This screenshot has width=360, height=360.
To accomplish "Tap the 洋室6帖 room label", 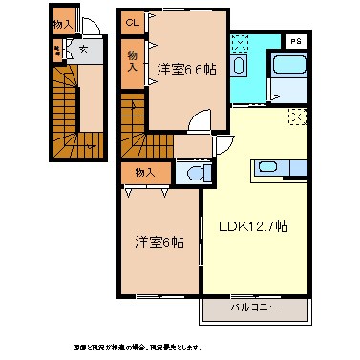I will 158,243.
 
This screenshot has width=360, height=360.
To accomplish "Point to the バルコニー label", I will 254,307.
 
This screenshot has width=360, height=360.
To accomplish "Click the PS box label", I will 296,41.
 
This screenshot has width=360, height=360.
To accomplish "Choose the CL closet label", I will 133,22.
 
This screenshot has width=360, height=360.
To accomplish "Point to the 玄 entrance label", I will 83,49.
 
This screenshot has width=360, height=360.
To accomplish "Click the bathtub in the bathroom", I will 288,69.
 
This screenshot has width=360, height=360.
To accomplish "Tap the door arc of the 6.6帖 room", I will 199,121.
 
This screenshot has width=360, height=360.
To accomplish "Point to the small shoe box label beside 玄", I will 57,49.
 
